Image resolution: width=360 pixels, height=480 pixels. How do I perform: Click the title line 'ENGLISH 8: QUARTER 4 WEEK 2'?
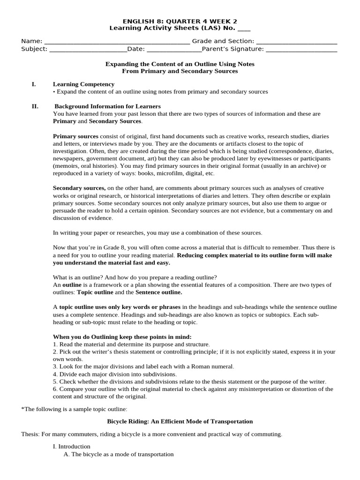click(180, 21)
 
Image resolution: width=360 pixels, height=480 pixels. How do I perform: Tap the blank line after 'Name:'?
click(111, 41)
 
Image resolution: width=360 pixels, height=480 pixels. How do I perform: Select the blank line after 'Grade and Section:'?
click(297, 41)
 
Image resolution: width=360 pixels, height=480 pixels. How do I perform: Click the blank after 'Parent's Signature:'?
click(301, 49)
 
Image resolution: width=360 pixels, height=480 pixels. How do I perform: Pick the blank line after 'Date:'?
click(174, 49)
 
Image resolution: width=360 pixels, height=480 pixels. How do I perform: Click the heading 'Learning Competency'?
click(83, 84)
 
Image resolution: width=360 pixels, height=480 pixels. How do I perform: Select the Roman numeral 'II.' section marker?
click(35, 106)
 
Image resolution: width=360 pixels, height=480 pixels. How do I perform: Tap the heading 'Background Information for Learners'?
click(108, 106)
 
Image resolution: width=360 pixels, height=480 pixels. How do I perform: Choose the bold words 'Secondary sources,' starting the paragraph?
click(79, 188)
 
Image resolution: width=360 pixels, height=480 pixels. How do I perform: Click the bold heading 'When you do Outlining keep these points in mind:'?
click(122, 337)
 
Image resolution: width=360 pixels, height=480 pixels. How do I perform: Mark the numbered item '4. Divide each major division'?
click(115, 374)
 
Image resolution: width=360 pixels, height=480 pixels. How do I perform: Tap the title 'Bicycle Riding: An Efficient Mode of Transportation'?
click(180, 421)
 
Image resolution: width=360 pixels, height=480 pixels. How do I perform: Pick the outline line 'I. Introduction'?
click(72, 447)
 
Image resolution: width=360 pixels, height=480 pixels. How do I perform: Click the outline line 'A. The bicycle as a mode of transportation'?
click(119, 454)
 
